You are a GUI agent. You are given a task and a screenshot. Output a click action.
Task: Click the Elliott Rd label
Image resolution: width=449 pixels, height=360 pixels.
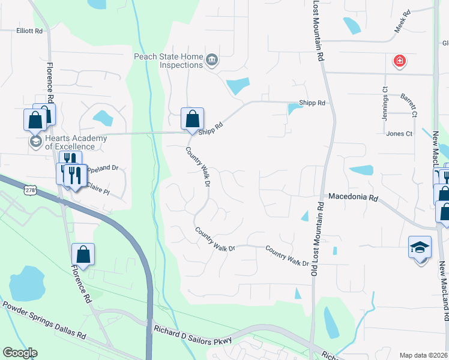click(x=30, y=31)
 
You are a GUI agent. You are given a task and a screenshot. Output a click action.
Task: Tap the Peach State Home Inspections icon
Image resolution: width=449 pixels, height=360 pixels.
click(x=212, y=60)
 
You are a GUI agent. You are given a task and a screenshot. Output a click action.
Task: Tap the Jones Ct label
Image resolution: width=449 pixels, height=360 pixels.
click(x=399, y=134)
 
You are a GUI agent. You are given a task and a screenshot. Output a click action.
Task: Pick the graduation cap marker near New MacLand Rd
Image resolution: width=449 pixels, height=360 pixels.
click(x=420, y=247)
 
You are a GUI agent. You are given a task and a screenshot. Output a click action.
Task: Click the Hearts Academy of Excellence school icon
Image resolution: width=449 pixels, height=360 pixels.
click(x=35, y=142)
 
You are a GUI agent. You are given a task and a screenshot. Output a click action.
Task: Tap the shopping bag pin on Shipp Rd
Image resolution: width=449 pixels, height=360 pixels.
click(x=193, y=119)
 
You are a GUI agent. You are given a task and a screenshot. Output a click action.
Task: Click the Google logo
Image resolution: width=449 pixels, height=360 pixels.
click(x=20, y=353)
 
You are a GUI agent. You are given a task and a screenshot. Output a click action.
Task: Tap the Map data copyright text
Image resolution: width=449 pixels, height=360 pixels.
click(x=423, y=355)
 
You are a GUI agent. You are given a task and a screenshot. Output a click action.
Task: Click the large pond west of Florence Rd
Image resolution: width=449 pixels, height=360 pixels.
click(x=25, y=283)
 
